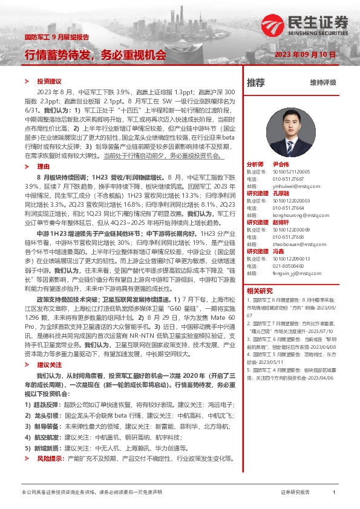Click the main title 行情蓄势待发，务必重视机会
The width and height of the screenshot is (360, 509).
pyautogui.click(x=95, y=55)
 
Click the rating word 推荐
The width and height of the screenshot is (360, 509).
pyautogui.click(x=256, y=82)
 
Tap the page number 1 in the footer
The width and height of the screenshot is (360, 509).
pyautogui.click(x=333, y=492)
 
